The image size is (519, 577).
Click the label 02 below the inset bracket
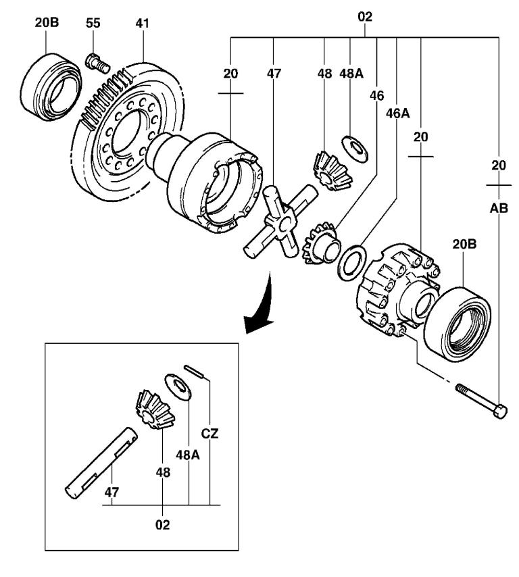click(x=162, y=524)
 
